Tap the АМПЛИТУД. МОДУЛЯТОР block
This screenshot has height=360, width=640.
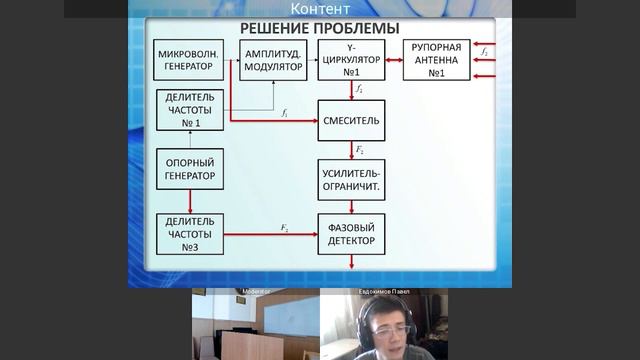click(273, 59)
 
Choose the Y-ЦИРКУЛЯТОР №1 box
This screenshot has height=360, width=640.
click(352, 59)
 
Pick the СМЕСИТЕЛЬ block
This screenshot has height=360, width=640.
click(352, 120)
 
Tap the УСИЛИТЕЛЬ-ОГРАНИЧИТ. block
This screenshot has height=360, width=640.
click(352, 178)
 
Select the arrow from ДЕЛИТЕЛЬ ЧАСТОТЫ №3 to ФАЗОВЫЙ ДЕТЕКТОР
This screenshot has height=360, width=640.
click(271, 234)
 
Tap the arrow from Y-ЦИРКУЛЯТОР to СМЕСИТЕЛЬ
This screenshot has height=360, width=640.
click(352, 91)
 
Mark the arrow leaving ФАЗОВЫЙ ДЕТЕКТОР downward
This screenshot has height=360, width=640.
click(352, 262)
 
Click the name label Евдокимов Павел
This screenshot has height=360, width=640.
click(384, 292)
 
